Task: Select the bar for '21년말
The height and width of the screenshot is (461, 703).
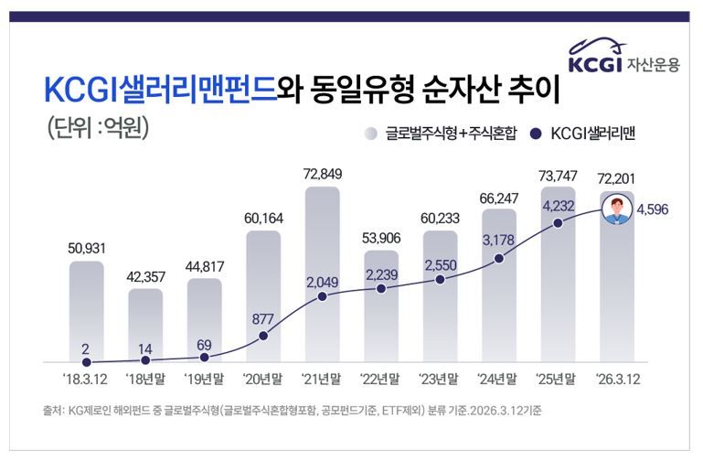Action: pyautogui.click(x=323, y=274)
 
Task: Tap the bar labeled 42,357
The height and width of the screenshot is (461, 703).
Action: pyautogui.click(x=146, y=325)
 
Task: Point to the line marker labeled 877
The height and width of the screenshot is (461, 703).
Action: pyautogui.click(x=264, y=336)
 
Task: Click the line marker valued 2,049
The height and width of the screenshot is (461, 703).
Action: pyautogui.click(x=323, y=297)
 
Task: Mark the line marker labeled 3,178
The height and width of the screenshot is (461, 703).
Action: pyautogui.click(x=499, y=259)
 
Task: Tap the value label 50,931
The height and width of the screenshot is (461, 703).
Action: pyautogui.click(x=87, y=247)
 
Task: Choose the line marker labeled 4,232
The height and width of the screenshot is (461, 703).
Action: pyautogui.click(x=558, y=220)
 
